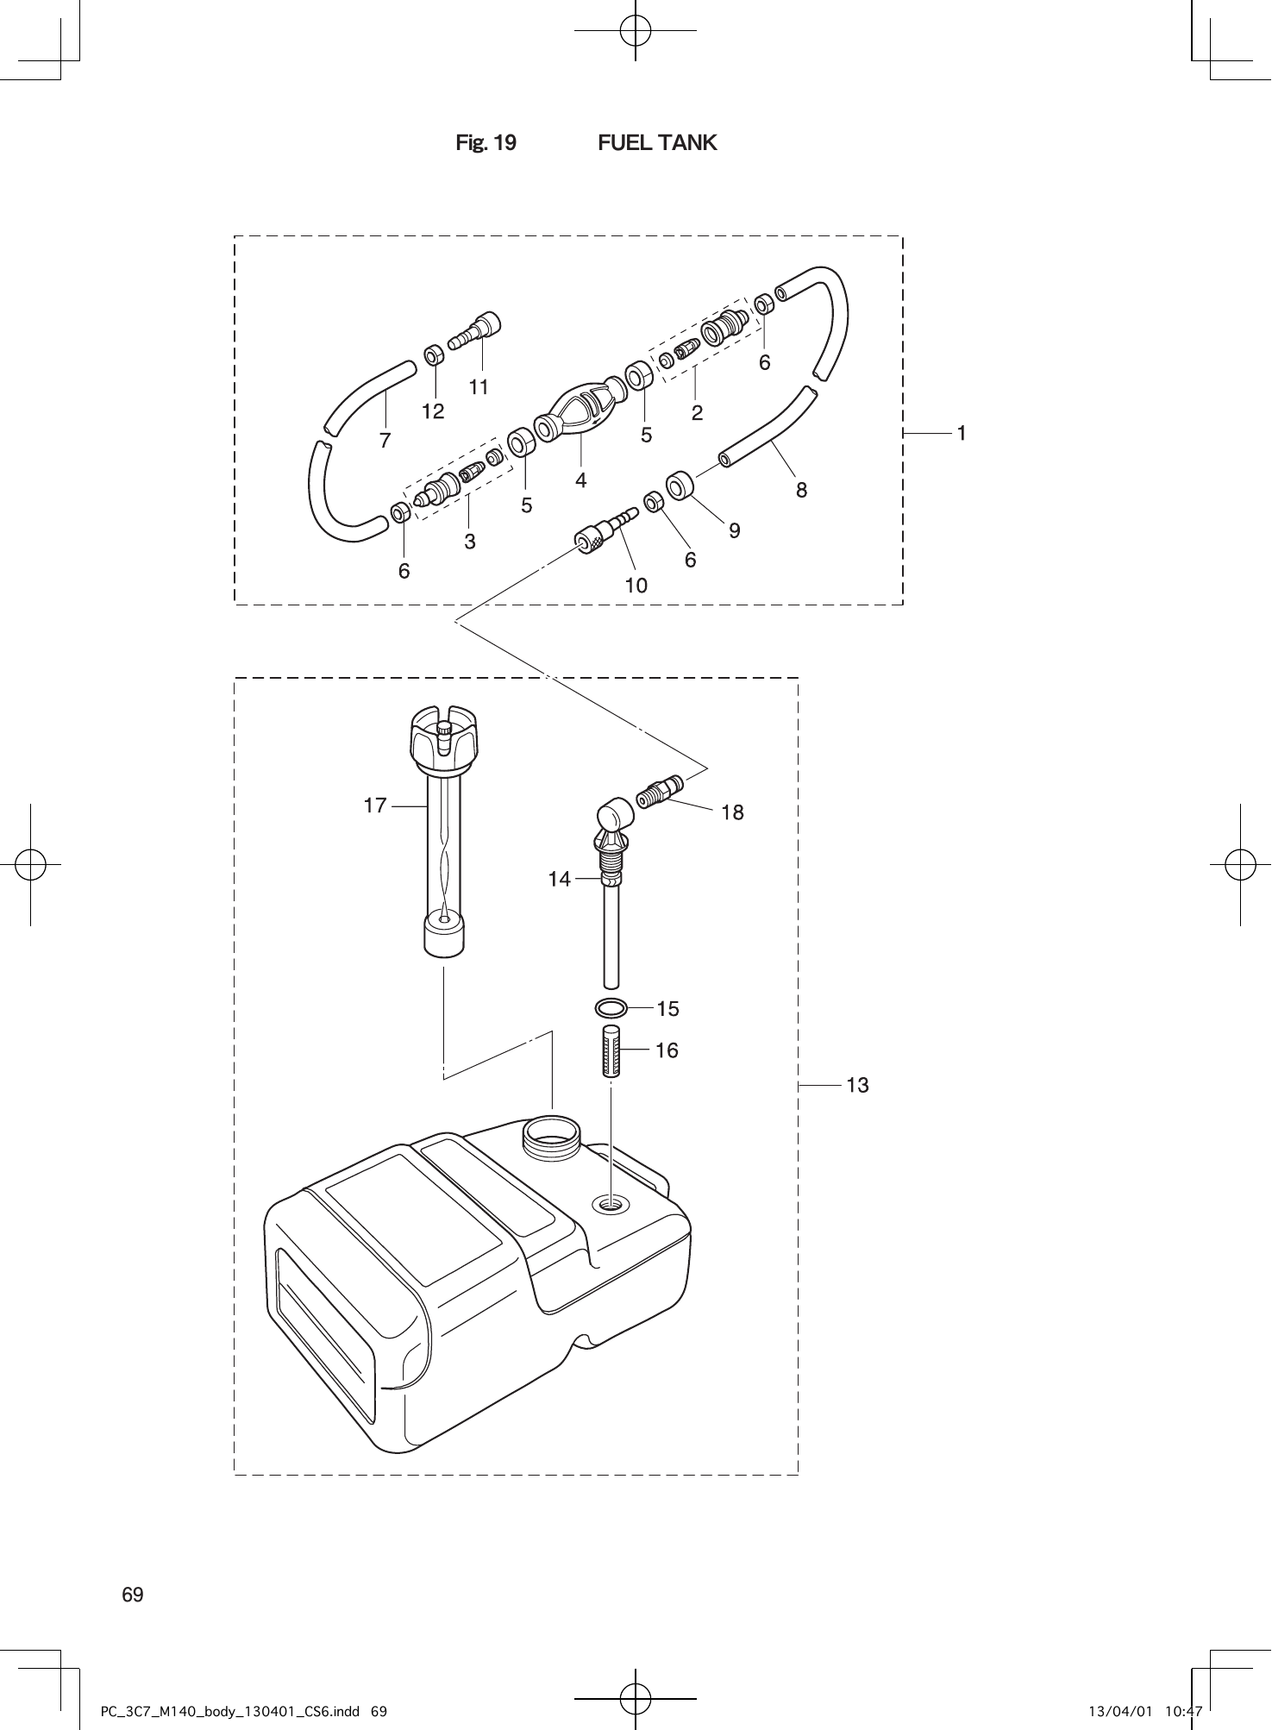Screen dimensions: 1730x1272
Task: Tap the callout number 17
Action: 375,805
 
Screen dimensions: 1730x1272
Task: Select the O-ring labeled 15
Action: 611,1007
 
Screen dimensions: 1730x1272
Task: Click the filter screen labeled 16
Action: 611,1050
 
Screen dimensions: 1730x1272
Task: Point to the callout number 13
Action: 857,1085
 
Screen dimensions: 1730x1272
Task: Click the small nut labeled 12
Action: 435,354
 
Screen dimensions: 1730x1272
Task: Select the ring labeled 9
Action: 680,485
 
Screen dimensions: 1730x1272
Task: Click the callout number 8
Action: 802,490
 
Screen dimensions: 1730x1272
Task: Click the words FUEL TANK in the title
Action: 657,142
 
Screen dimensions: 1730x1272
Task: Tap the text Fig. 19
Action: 486,142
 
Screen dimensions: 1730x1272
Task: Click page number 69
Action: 133,1595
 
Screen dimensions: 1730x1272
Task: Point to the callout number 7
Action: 385,440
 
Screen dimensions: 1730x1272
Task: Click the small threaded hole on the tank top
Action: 611,1204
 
